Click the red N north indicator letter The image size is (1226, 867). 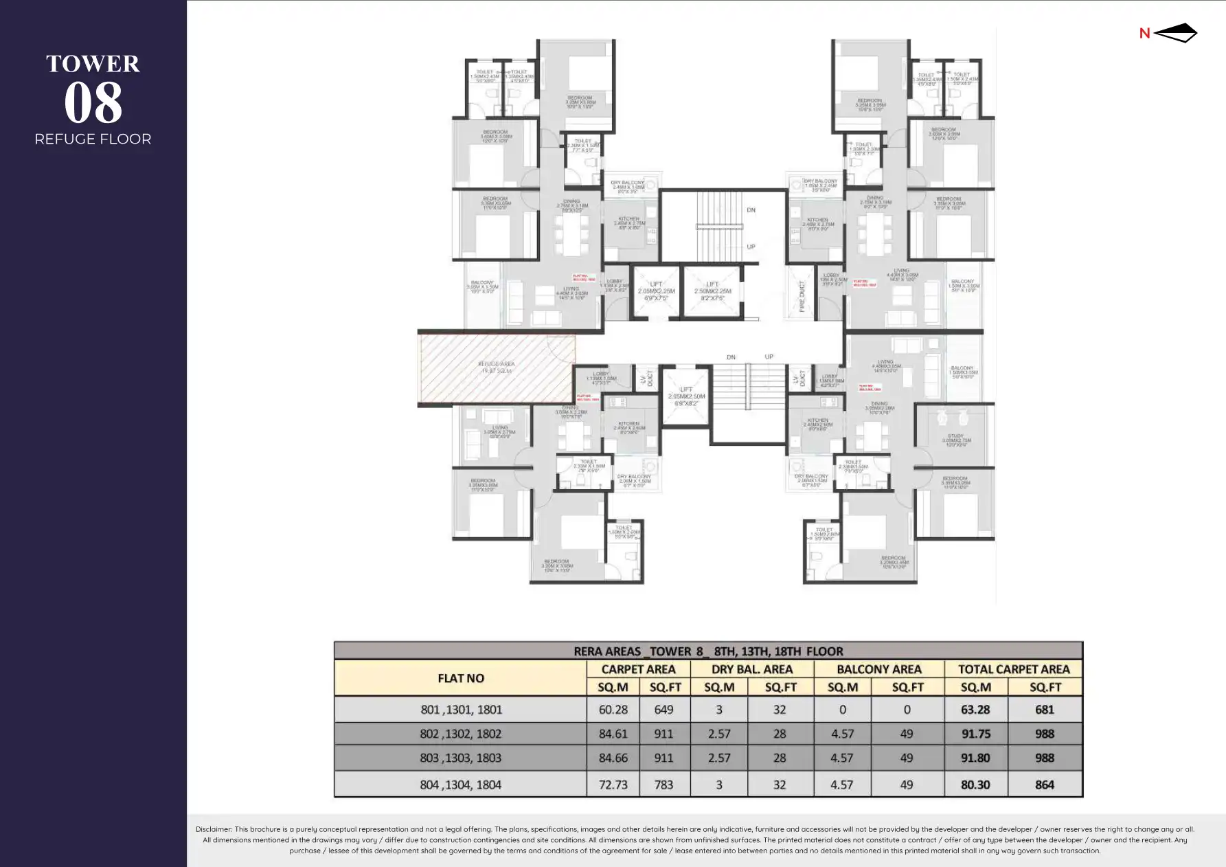(x=1144, y=33)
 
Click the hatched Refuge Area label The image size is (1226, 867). (x=496, y=367)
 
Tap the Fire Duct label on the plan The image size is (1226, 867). (x=802, y=296)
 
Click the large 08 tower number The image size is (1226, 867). (x=93, y=103)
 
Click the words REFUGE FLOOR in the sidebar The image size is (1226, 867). (x=93, y=139)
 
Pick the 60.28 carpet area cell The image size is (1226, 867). (x=613, y=710)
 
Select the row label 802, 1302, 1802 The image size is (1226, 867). (x=460, y=734)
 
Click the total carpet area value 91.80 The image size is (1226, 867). (x=975, y=758)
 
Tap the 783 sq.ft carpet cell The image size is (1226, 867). (x=663, y=785)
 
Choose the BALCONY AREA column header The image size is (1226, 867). (x=878, y=669)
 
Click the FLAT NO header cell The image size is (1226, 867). (x=460, y=678)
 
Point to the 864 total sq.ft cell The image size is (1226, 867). (x=1045, y=785)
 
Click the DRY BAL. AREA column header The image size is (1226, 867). (x=751, y=669)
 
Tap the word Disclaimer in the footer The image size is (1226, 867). (x=214, y=829)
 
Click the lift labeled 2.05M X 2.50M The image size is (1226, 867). (x=686, y=396)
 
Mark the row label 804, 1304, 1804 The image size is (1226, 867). (x=460, y=785)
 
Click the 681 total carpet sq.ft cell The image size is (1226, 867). (x=1045, y=710)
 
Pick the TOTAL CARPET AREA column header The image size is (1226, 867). (x=1013, y=669)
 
